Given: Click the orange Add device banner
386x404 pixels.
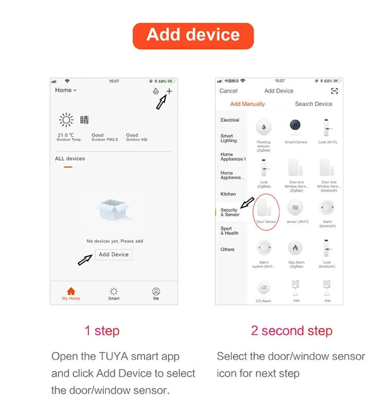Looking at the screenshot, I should [x=193, y=36].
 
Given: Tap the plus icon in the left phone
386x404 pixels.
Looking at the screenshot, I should [x=169, y=91].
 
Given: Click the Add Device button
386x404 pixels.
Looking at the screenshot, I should [x=114, y=254].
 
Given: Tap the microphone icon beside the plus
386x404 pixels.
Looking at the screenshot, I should [x=155, y=91].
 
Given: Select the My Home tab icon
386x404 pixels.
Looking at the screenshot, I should [x=71, y=292].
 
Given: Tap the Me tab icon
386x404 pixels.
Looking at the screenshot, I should [x=156, y=292].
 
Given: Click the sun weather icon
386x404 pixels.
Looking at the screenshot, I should [x=66, y=120].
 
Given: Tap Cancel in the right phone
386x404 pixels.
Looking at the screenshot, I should [x=229, y=91].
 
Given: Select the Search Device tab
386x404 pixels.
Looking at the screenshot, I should [x=313, y=104].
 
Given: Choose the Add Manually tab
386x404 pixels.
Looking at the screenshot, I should [x=248, y=104].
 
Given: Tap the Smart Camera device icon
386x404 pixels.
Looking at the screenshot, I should [x=295, y=127].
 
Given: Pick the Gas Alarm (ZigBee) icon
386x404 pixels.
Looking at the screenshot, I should [x=295, y=248].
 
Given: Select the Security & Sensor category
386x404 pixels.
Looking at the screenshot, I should [x=230, y=212].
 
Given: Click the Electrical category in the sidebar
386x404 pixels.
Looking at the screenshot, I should [x=230, y=120].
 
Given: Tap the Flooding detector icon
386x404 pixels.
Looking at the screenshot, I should [x=264, y=127].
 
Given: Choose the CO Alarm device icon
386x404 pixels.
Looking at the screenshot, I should [x=264, y=288].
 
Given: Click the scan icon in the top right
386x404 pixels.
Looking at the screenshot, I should [x=335, y=91].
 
